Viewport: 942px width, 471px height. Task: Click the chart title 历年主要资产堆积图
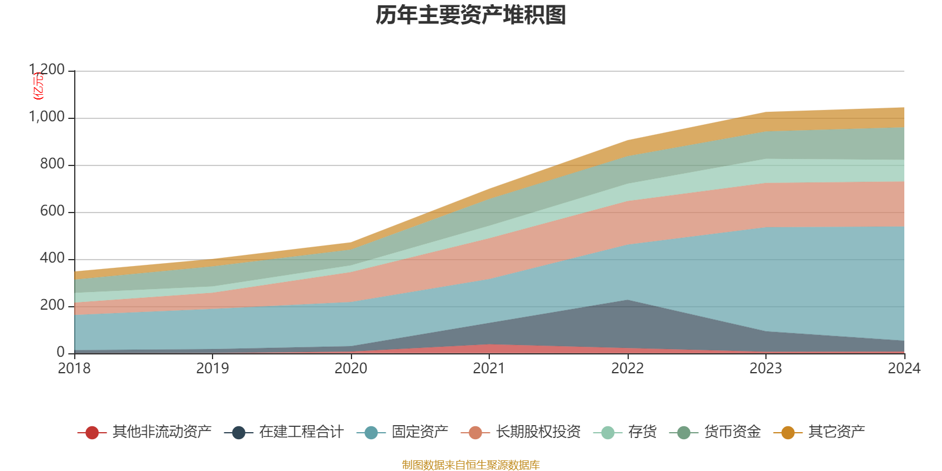click(x=471, y=15)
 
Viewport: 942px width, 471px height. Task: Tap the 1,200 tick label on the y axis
click(x=47, y=70)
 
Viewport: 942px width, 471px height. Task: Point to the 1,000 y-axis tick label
click(x=47, y=117)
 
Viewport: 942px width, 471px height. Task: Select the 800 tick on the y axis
click(x=52, y=164)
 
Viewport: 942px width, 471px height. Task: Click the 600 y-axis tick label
click(x=52, y=211)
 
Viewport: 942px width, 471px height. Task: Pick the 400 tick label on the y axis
click(x=52, y=258)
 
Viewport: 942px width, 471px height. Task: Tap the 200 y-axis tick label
click(x=52, y=306)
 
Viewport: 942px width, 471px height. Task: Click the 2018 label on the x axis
click(x=74, y=369)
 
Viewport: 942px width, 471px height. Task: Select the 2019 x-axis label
click(x=213, y=369)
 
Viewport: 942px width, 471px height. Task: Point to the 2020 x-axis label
click(x=351, y=369)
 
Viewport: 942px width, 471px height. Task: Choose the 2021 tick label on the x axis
click(x=489, y=369)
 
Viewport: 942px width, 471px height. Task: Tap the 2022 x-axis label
click(x=628, y=369)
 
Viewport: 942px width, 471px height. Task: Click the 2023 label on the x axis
click(x=765, y=369)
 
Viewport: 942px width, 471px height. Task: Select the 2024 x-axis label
click(x=904, y=369)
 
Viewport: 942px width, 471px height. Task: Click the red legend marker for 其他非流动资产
click(x=92, y=433)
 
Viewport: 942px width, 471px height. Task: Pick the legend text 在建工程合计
click(x=301, y=432)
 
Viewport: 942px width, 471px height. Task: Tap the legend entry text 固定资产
click(x=420, y=432)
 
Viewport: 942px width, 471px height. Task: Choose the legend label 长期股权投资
click(x=538, y=432)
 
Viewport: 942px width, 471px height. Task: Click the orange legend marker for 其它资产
click(x=788, y=433)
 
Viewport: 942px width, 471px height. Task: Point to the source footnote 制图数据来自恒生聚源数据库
click(x=471, y=465)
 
